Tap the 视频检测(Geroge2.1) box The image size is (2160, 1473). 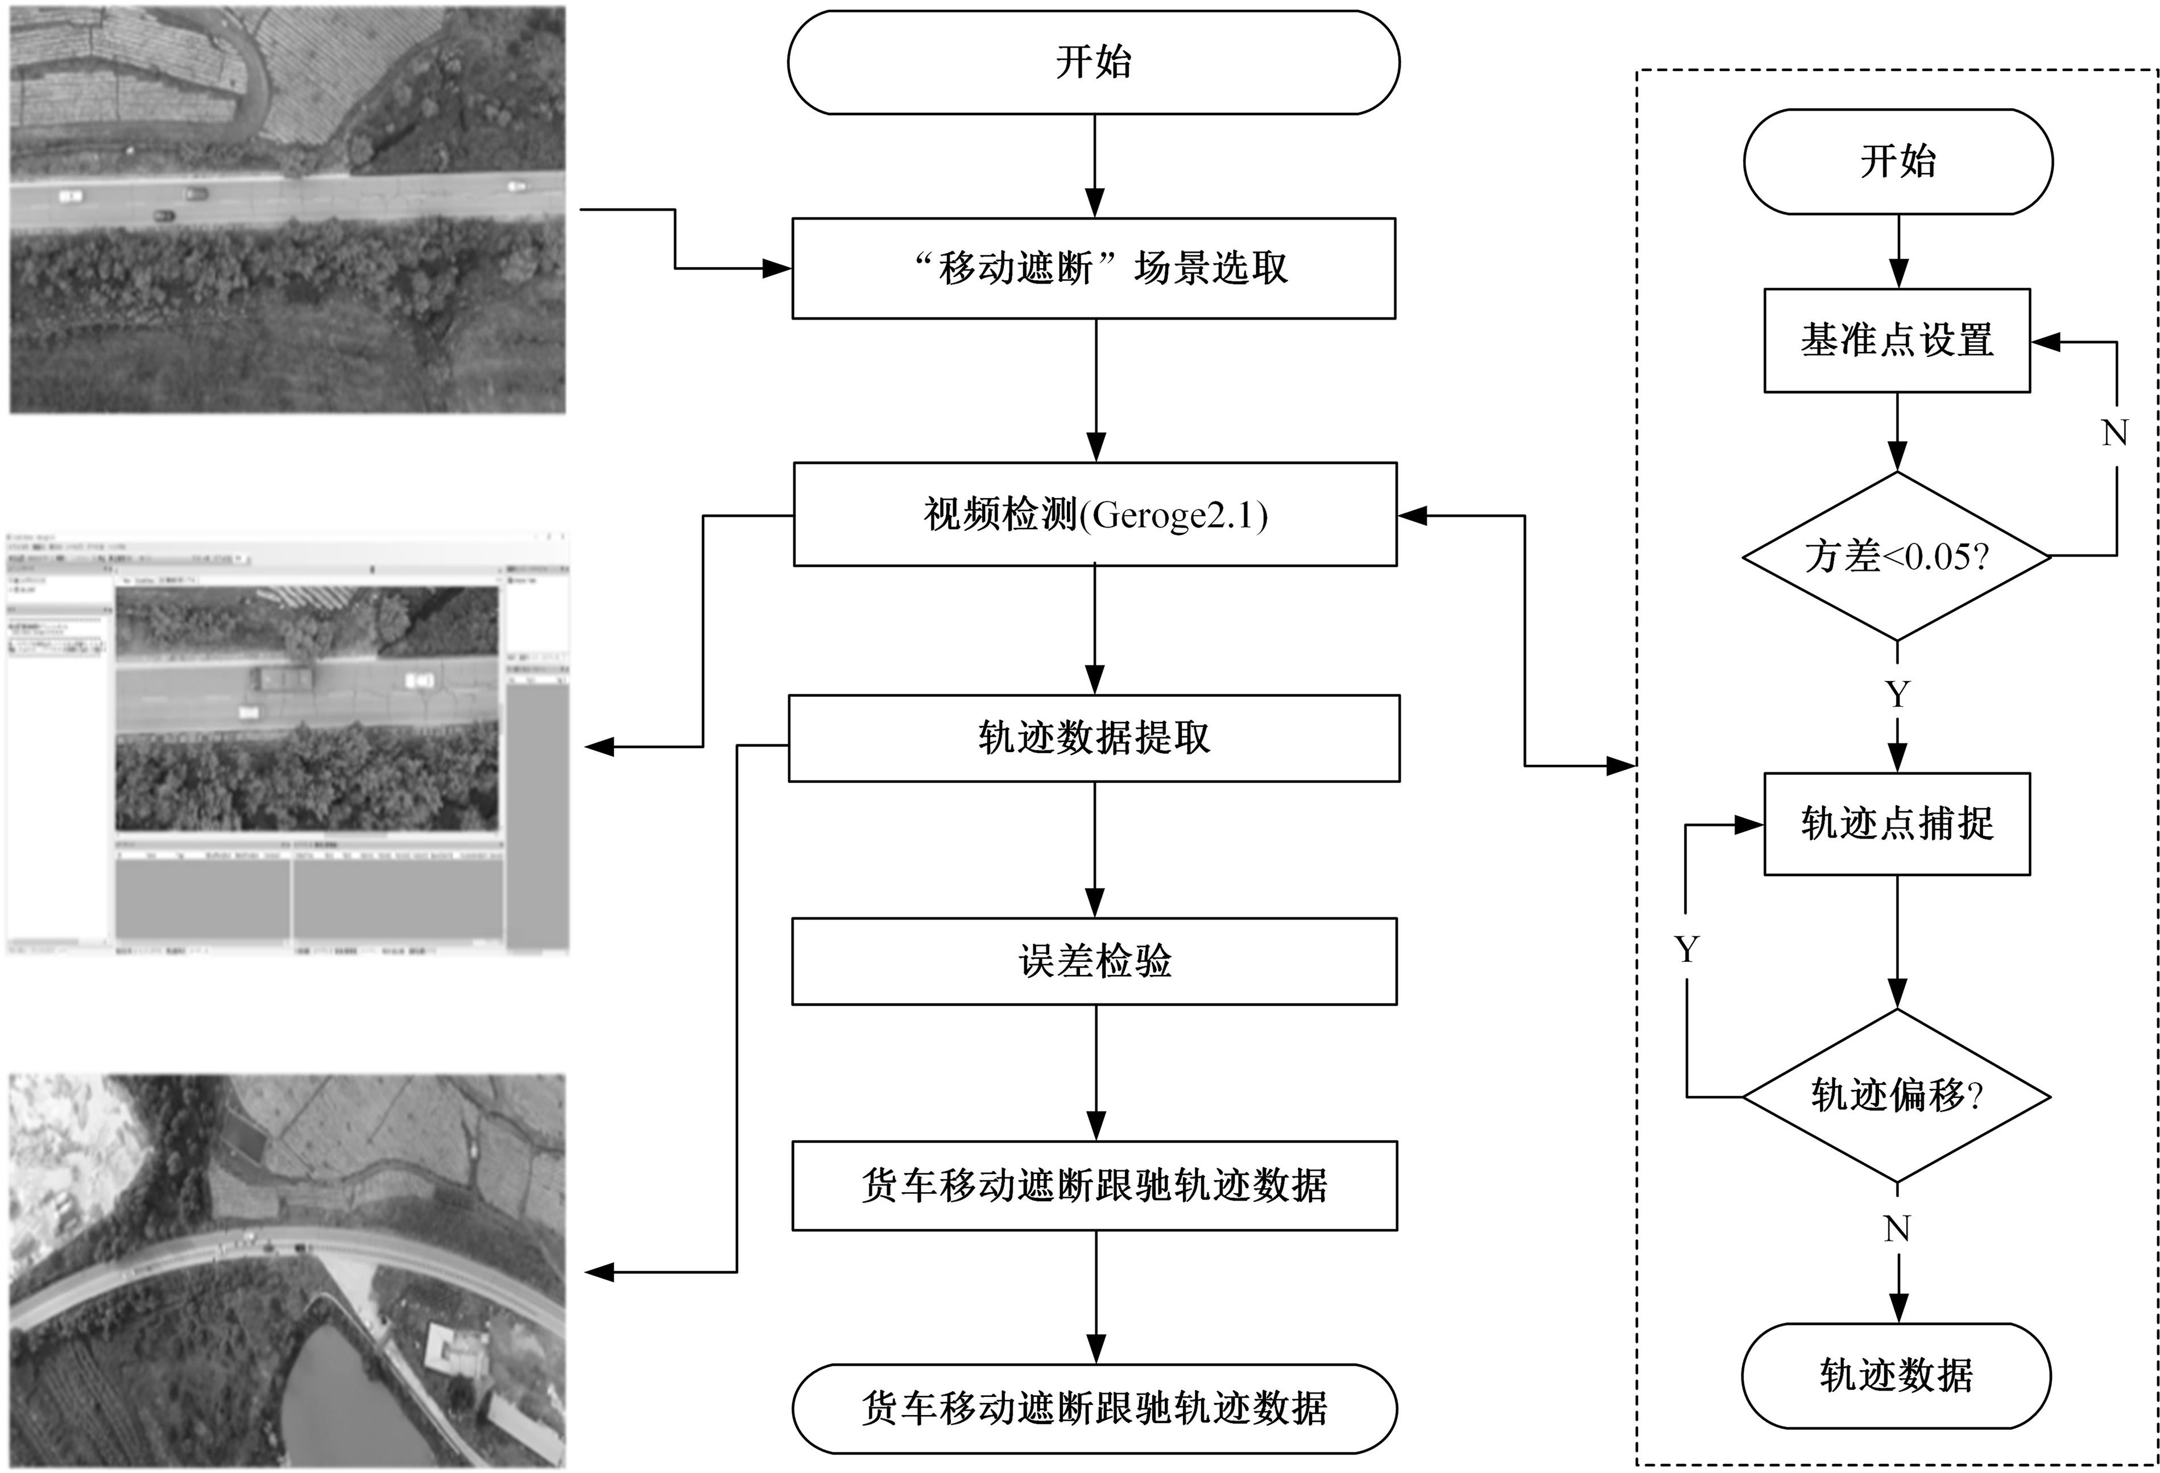pyautogui.click(x=1095, y=514)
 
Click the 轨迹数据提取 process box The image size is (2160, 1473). pyautogui.click(x=1094, y=738)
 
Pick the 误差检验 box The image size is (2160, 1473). pyautogui.click(x=1094, y=961)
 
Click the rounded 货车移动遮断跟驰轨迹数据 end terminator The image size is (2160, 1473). pyautogui.click(x=1094, y=1409)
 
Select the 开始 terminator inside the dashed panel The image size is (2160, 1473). pyautogui.click(x=1897, y=161)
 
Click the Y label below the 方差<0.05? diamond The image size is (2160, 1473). pyautogui.click(x=1897, y=694)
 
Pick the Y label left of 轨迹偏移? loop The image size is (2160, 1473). pyautogui.click(x=1687, y=949)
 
